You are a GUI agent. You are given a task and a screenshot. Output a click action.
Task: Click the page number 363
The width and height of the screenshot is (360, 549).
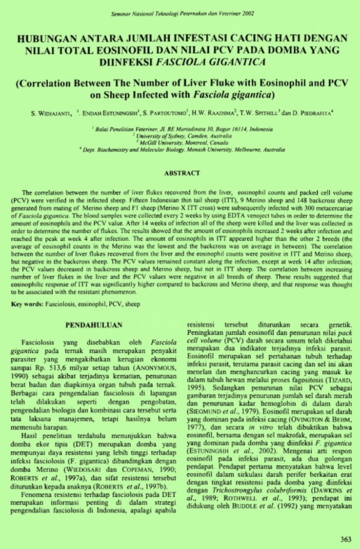345,540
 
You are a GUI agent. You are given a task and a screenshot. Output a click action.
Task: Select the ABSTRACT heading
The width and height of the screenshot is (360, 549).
182,173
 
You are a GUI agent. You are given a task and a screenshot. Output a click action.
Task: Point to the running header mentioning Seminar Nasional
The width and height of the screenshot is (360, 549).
181,13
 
